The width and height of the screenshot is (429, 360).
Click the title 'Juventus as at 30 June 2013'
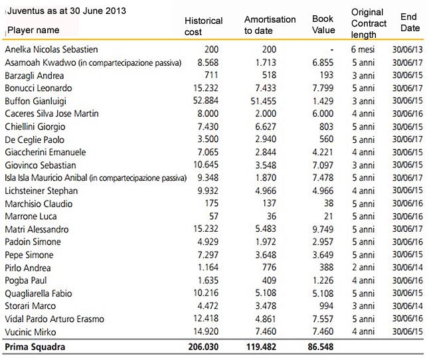pyautogui.click(x=66, y=11)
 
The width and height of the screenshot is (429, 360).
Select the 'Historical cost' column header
pyautogui.click(x=204, y=27)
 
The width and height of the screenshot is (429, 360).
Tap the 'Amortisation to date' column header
pyautogui.click(x=270, y=25)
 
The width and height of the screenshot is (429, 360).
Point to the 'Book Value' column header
pyautogui.click(x=323, y=24)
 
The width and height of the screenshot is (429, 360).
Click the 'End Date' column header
pyautogui.click(x=410, y=23)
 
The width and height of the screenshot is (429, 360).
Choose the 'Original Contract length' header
pyautogui.click(x=369, y=23)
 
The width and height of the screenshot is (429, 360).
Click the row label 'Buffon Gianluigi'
pyautogui.click(x=36, y=101)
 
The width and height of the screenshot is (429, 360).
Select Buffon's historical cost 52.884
pyautogui.click(x=206, y=101)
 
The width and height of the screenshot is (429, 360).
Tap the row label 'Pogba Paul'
pyautogui.click(x=26, y=281)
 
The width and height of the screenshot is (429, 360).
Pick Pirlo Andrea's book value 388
pyautogui.click(x=327, y=267)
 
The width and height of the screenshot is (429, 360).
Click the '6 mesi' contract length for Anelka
pyautogui.click(x=363, y=50)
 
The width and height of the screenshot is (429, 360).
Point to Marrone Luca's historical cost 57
pyautogui.click(x=214, y=217)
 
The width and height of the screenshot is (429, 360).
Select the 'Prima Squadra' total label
pyautogui.click(x=35, y=347)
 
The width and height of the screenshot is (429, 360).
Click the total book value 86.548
pyautogui.click(x=321, y=347)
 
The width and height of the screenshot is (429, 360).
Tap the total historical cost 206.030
pyautogui.click(x=203, y=347)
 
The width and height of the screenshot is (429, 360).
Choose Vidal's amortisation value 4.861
pyautogui.click(x=266, y=319)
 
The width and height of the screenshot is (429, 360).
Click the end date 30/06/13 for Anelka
pyautogui.click(x=408, y=50)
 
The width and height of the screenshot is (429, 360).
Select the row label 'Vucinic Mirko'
pyautogui.click(x=31, y=332)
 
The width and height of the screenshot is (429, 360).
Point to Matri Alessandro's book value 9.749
pyautogui.click(x=323, y=229)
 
